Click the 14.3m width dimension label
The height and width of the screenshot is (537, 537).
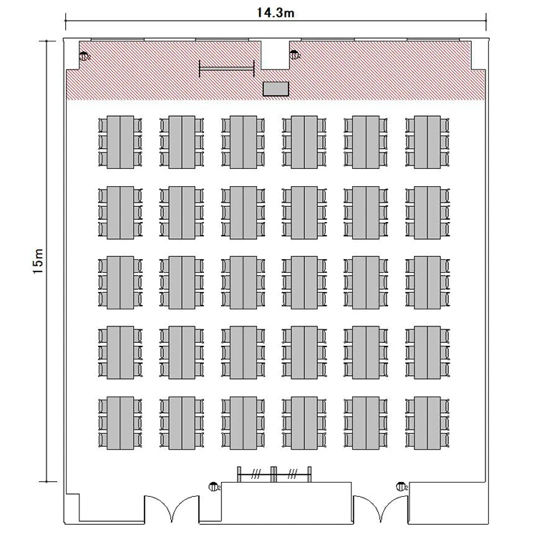point(276,13)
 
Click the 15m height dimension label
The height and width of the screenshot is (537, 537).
point(38,261)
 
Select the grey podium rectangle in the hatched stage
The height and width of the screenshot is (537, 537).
point(276,89)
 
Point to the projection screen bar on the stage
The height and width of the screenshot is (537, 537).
point(227,69)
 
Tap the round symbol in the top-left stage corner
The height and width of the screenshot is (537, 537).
point(84,56)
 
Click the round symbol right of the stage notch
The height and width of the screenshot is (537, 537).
point(294,54)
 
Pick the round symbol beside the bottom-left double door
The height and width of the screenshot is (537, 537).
point(214,486)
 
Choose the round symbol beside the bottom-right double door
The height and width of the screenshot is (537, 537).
point(402,486)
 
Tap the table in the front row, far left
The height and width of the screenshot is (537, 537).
point(120,142)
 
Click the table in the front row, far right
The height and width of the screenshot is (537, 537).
point(427,142)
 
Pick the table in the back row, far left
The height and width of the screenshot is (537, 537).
point(120,423)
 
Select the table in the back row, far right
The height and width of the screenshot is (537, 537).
point(427,423)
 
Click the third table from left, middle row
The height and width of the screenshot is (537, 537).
point(243,283)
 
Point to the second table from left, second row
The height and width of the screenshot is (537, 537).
point(182,213)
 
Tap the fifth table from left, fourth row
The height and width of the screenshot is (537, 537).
point(366,353)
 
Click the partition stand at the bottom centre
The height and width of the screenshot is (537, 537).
point(274,474)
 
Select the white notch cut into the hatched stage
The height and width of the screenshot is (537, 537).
point(276,55)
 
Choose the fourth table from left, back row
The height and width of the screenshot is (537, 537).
point(304,423)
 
